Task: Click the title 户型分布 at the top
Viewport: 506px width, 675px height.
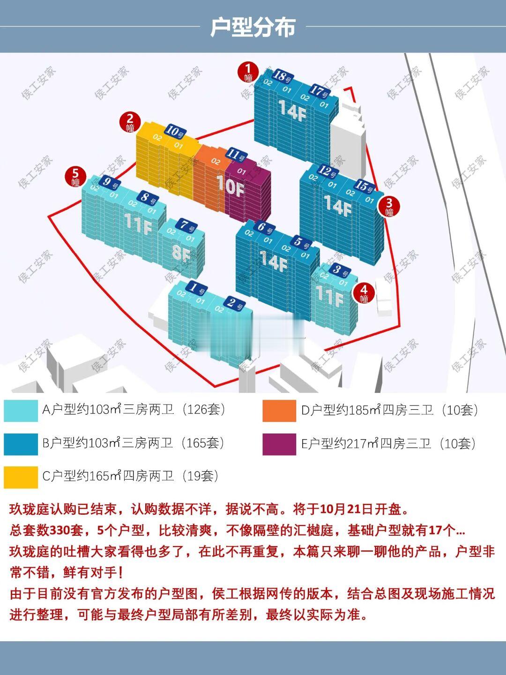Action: (x=253, y=27)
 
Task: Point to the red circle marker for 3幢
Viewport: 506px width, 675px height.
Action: (x=389, y=207)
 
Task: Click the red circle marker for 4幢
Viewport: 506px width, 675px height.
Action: (x=364, y=292)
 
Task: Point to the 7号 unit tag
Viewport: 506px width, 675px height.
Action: (x=187, y=227)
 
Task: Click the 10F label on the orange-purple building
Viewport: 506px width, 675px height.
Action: (x=230, y=186)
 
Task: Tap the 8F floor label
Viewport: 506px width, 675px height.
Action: (x=181, y=253)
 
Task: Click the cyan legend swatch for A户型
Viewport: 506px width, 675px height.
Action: (x=21, y=410)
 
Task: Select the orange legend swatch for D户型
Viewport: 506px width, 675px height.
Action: (x=279, y=411)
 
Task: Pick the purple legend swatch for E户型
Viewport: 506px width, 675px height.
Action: (x=279, y=444)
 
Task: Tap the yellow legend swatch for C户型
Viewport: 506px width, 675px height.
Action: (x=21, y=477)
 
